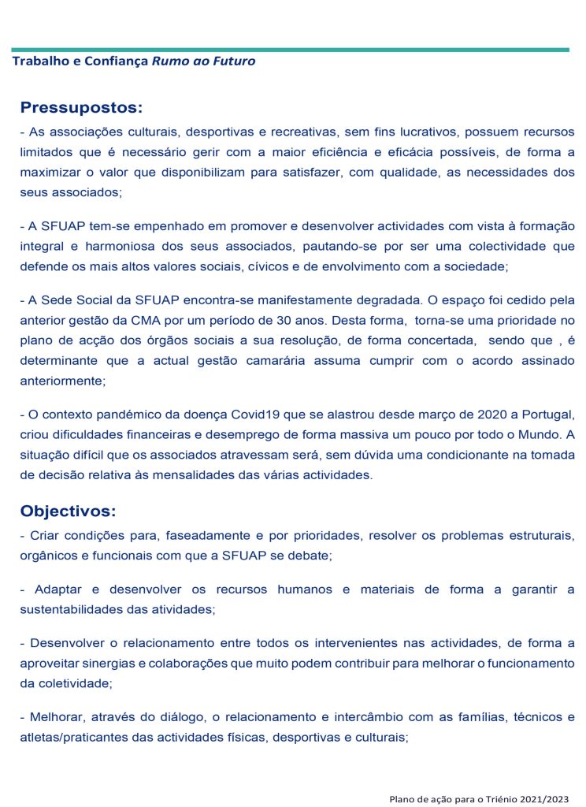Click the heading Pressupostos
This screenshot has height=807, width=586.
[x=81, y=108]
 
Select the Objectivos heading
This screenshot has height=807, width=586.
[x=68, y=511]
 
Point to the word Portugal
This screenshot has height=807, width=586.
[x=547, y=415]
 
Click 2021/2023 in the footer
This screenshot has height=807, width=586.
[x=541, y=799]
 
